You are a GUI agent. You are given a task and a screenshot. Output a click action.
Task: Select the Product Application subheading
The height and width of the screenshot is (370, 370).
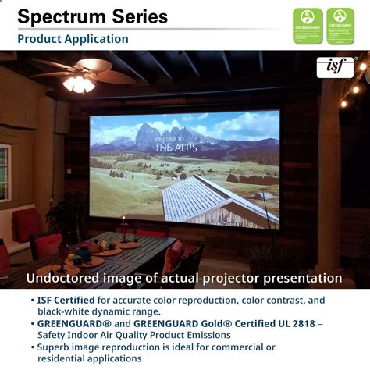[73, 39]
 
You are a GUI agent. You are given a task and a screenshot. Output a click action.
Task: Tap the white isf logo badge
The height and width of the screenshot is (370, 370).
[335, 67]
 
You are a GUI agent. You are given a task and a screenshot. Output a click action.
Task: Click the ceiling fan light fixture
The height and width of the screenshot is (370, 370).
[79, 83]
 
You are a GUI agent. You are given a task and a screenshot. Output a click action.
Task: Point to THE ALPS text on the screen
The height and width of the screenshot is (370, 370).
[173, 146]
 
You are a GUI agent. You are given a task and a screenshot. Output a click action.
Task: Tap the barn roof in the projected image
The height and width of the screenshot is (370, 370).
[211, 195]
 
